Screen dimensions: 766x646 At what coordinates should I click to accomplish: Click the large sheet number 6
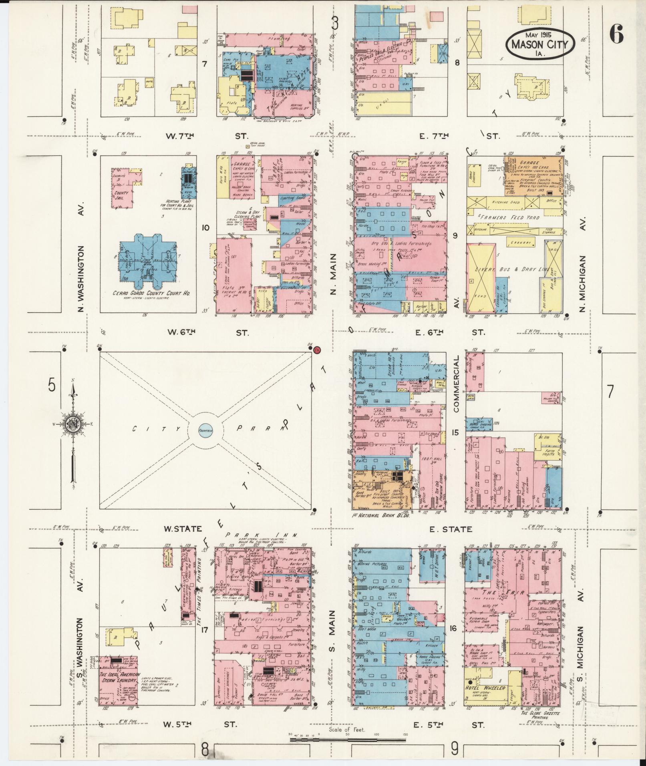pos(616,36)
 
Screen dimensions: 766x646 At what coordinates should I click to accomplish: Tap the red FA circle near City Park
pos(317,350)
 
